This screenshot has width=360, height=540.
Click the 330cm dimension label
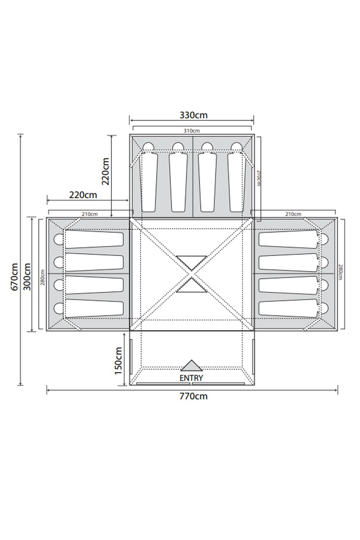(x=193, y=115)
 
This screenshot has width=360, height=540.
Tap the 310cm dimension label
(x=192, y=131)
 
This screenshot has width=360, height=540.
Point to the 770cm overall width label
(x=193, y=396)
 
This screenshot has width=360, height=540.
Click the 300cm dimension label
(x=27, y=277)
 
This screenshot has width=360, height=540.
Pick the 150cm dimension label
(x=118, y=361)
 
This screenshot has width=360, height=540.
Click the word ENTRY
(x=191, y=378)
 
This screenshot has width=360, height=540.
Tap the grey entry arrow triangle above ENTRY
(x=192, y=366)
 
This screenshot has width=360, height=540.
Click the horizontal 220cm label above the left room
(x=83, y=195)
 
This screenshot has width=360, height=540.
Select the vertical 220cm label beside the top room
(x=105, y=171)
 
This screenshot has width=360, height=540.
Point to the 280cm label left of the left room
(x=43, y=277)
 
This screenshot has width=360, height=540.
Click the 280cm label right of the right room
(x=340, y=272)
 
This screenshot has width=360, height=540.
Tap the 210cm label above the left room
(x=89, y=214)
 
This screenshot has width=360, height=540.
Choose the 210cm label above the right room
(x=293, y=214)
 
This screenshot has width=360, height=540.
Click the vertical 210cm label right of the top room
(x=259, y=178)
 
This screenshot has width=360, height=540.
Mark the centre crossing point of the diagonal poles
(x=192, y=274)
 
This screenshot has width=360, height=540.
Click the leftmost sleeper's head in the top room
(x=148, y=147)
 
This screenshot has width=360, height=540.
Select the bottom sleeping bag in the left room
(x=94, y=308)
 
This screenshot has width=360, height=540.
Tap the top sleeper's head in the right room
(x=324, y=239)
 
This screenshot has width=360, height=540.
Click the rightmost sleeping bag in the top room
(x=237, y=182)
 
